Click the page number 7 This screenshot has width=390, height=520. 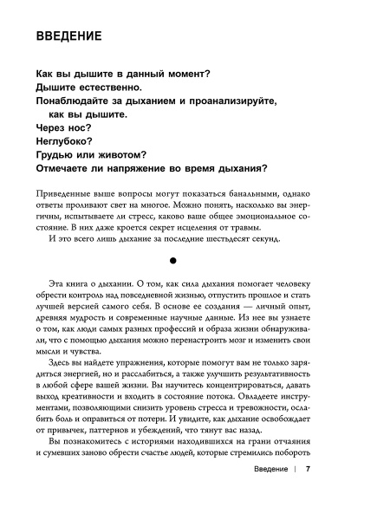pyautogui.click(x=309, y=495)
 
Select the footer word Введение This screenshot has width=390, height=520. pyautogui.click(x=264, y=495)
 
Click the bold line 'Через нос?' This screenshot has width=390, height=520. pyautogui.click(x=60, y=127)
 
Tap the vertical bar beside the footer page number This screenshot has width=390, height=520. pyautogui.click(x=295, y=495)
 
